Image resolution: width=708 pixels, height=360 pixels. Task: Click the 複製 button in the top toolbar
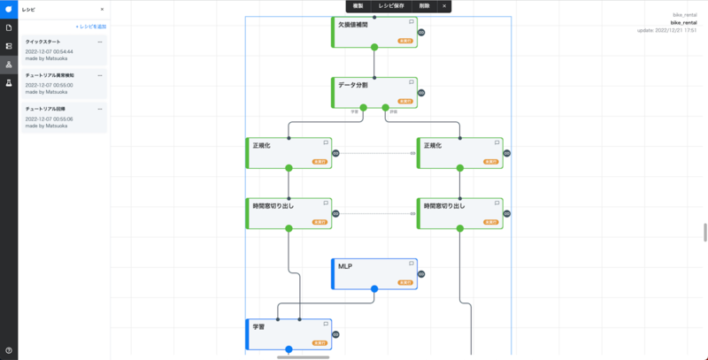pyautogui.click(x=358, y=6)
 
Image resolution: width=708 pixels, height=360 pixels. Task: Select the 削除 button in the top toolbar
pyautogui.click(x=425, y=6)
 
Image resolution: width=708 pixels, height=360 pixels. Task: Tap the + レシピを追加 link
pyautogui.click(x=90, y=27)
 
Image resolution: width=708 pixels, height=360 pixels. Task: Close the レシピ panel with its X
pyautogui.click(x=102, y=9)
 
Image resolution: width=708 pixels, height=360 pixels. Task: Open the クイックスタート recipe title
pyautogui.click(x=42, y=42)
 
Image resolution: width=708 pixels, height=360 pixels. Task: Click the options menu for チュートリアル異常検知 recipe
pyautogui.click(x=100, y=75)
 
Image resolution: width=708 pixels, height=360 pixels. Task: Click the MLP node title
pyautogui.click(x=346, y=265)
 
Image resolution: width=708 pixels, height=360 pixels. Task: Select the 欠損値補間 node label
pyautogui.click(x=354, y=24)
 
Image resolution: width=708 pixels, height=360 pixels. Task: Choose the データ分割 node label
pyautogui.click(x=352, y=84)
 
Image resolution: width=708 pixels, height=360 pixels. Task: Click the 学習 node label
pyautogui.click(x=258, y=326)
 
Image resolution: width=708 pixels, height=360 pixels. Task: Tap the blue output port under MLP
pyautogui.click(x=374, y=288)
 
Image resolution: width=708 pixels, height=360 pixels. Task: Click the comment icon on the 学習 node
pyautogui.click(x=326, y=325)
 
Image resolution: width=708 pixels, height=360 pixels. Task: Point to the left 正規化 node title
pyautogui.click(x=262, y=144)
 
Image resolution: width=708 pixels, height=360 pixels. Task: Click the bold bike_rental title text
pyautogui.click(x=684, y=22)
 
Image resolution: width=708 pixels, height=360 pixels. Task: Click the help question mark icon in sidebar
pyautogui.click(x=9, y=351)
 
